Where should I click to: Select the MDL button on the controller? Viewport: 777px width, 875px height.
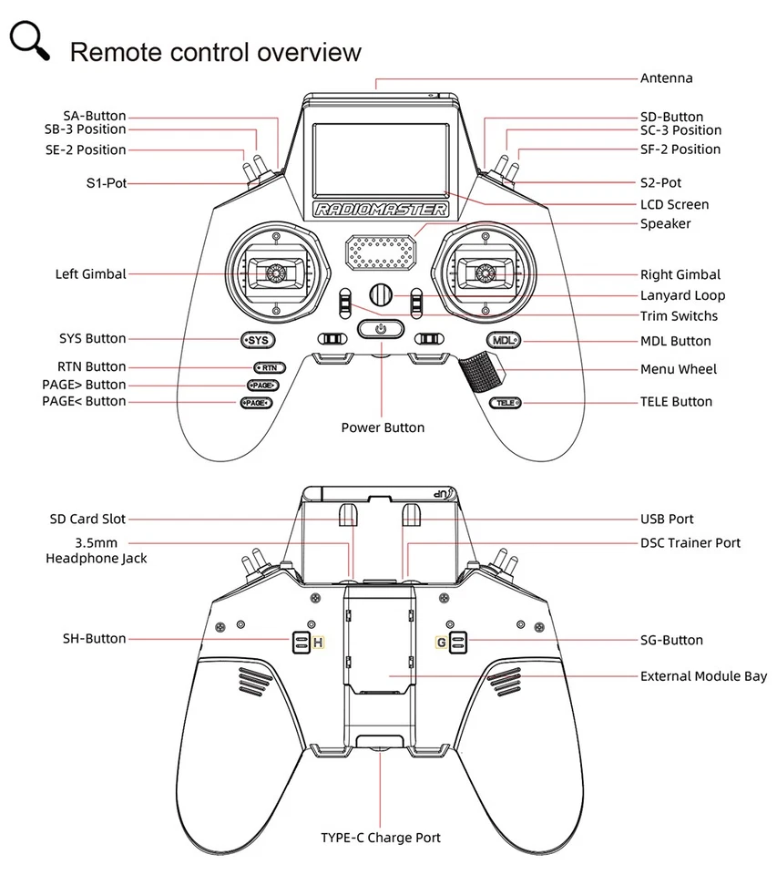click(503, 341)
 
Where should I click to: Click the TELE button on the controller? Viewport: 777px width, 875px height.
click(505, 402)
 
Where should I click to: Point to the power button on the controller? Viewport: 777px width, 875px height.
click(381, 329)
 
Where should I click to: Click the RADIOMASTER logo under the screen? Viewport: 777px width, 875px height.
click(381, 211)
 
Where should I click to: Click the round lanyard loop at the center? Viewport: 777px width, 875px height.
click(381, 294)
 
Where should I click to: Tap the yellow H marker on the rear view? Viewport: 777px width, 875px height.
click(318, 643)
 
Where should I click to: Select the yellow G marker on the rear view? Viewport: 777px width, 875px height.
click(441, 643)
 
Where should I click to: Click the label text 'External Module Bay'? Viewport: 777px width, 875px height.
click(703, 676)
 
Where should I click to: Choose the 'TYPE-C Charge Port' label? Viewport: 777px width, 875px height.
click(381, 837)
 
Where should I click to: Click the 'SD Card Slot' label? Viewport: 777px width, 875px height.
click(87, 519)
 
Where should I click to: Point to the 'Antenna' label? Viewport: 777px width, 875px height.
click(666, 78)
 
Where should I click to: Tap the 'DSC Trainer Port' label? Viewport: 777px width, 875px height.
click(690, 542)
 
